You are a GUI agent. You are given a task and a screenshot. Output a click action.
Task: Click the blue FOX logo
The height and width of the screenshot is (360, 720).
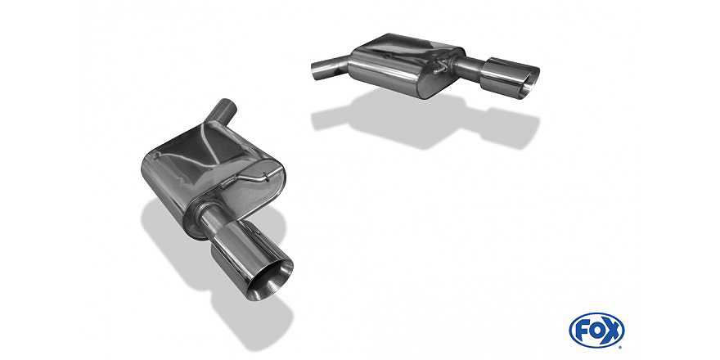click(x=596, y=330)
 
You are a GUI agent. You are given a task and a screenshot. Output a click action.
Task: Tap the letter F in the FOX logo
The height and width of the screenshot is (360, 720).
click(x=582, y=331)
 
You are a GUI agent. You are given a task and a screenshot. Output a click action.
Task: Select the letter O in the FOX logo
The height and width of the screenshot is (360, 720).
click(x=596, y=331)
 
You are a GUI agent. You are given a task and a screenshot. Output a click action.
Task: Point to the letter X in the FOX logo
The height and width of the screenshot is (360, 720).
click(x=611, y=331)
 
